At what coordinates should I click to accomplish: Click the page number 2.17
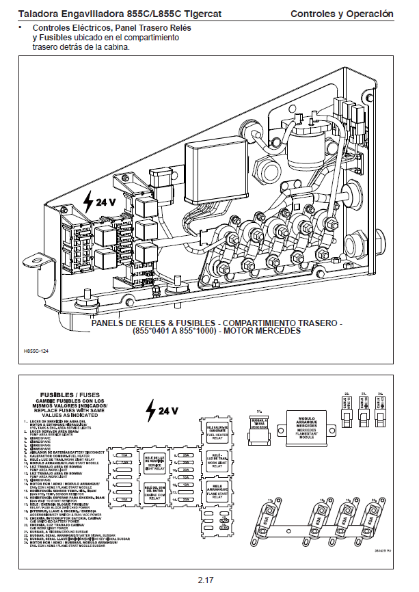coord(206,580)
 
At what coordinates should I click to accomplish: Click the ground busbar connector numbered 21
coord(260,427)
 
